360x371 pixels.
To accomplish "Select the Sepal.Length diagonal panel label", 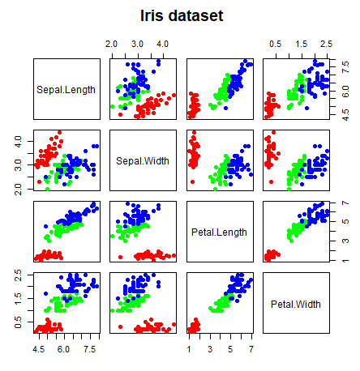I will point(66,89).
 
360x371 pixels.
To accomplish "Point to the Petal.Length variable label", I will point(219,232).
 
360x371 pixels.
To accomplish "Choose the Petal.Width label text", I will point(295,305).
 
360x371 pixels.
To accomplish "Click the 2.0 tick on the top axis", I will point(112,43).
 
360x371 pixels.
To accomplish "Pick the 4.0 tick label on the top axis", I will point(162,43).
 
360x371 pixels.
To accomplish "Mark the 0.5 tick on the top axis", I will point(276,43).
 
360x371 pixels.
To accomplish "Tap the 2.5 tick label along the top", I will point(326,43).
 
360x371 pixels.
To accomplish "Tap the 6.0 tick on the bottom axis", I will point(65,349).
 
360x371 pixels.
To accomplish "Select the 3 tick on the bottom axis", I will point(209,349).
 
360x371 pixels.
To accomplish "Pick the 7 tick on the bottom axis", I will point(251,349).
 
